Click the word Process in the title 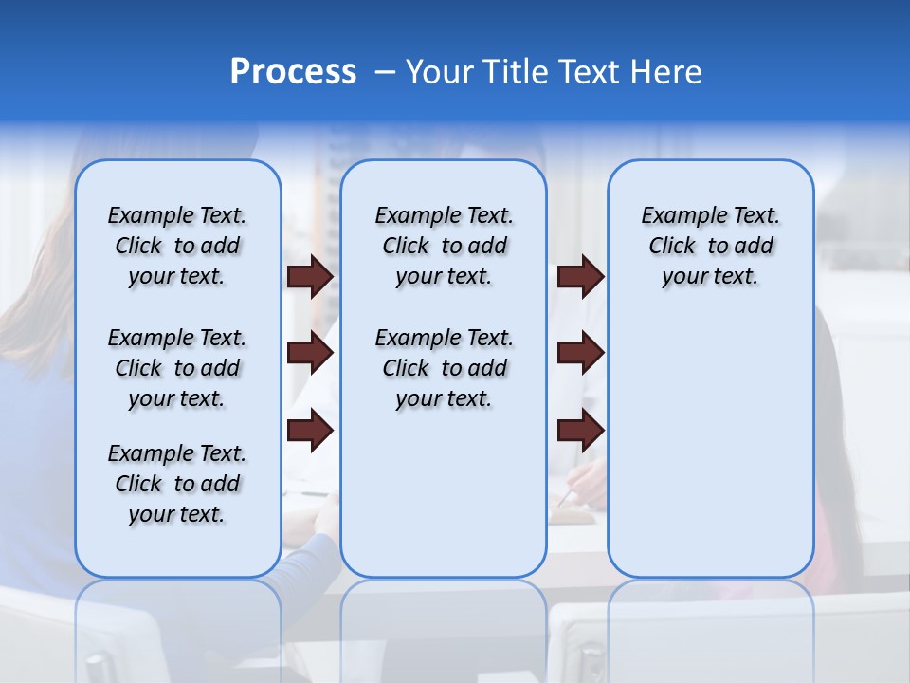(293, 72)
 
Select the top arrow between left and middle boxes (310, 276)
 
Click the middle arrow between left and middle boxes (310, 354)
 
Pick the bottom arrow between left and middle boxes (310, 431)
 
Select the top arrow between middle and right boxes (580, 276)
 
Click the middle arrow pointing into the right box (580, 354)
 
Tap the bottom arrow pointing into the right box (580, 431)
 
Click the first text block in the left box (177, 246)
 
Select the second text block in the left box (177, 368)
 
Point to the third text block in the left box (177, 484)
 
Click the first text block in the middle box (444, 246)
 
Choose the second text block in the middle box (444, 368)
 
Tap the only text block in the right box (710, 246)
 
